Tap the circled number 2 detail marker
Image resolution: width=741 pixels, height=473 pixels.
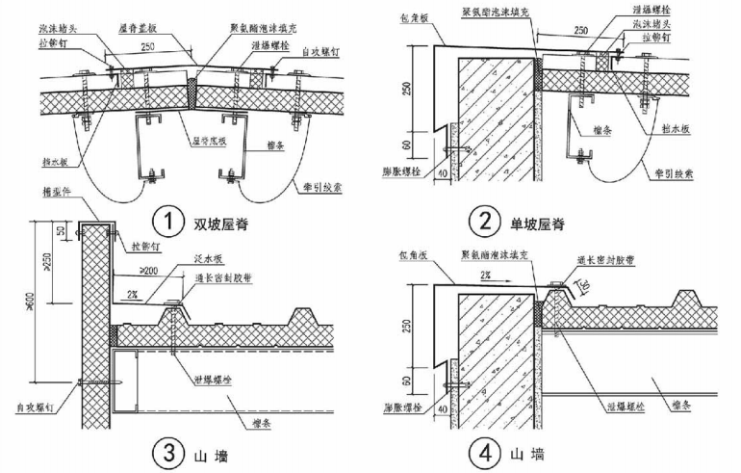tap(480, 223)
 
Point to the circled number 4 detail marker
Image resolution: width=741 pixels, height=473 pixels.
tap(480, 451)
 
